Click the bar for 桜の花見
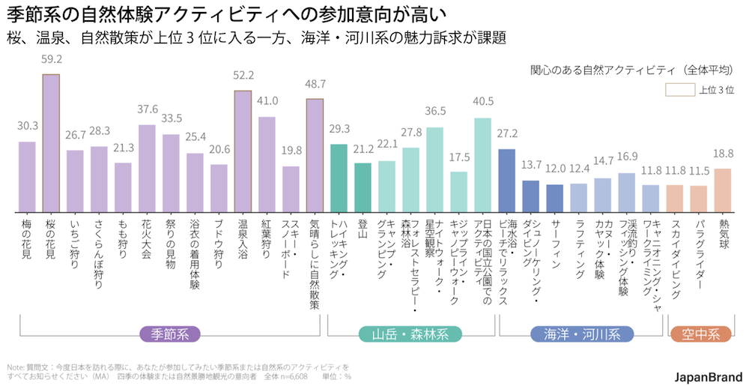coord(51,142)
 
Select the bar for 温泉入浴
coord(243,151)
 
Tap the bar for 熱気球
coord(722,190)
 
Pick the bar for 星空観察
coord(435,169)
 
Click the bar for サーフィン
coord(554,198)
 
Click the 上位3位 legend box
coord(680,90)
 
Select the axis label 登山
coord(363,228)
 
